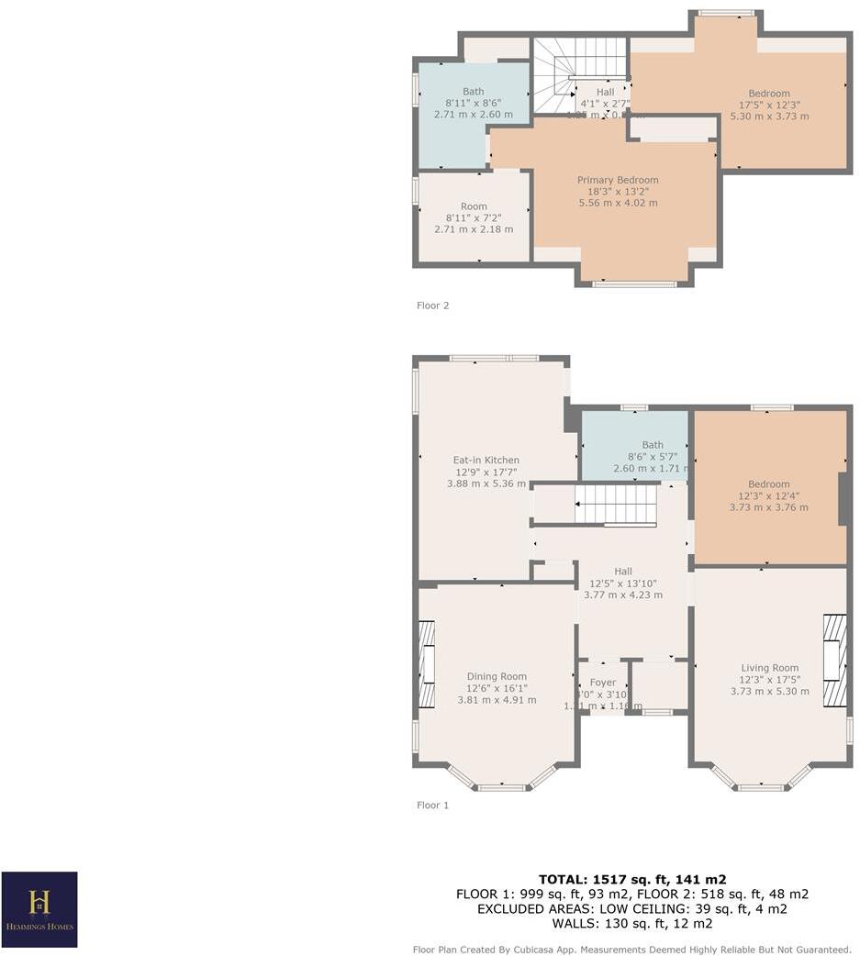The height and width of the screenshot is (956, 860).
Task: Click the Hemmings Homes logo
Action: (x=39, y=909)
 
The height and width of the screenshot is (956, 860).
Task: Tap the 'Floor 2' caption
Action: (x=432, y=306)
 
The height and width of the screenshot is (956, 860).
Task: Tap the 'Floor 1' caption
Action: (x=432, y=805)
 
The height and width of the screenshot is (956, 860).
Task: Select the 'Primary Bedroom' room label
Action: (x=617, y=180)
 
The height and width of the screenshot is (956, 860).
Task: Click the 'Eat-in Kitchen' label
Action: (x=486, y=460)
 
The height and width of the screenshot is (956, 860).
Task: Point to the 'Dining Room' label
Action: (x=497, y=676)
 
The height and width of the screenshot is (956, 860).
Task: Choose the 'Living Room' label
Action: (x=769, y=668)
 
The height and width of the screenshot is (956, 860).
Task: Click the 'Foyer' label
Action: (x=602, y=682)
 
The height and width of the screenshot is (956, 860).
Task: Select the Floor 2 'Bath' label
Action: (x=473, y=91)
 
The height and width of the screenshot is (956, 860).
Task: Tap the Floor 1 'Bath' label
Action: (x=652, y=445)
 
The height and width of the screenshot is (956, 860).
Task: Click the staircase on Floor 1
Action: (x=615, y=505)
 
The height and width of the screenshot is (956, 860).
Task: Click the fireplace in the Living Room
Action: (x=834, y=661)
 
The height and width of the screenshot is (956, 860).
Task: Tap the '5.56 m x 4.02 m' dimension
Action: (x=617, y=203)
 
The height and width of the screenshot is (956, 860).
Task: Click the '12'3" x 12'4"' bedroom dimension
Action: (x=768, y=495)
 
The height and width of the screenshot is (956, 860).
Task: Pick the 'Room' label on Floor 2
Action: (x=474, y=206)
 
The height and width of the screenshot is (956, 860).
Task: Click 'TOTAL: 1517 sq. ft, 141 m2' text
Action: (x=631, y=879)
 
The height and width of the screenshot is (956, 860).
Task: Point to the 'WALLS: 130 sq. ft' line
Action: (x=631, y=923)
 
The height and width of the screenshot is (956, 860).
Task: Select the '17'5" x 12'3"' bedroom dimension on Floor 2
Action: (x=768, y=105)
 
